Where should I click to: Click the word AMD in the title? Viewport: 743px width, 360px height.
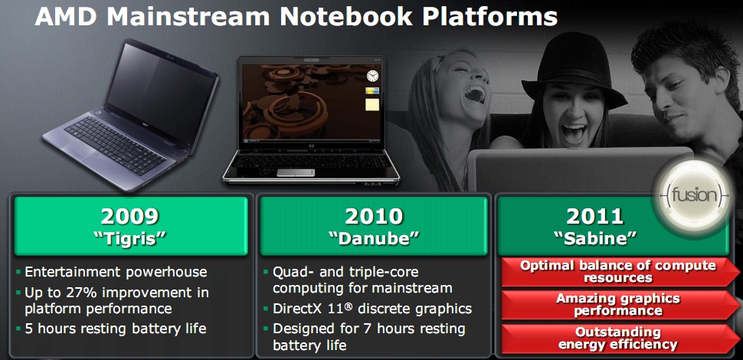point(67,17)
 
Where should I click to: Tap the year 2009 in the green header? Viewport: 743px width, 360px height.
point(129,217)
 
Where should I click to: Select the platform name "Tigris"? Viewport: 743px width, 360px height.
point(129,238)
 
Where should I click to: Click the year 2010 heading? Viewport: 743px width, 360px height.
point(374,217)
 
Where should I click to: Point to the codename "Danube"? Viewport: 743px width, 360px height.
point(374,238)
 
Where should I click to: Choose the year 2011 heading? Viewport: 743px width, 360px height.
point(594,217)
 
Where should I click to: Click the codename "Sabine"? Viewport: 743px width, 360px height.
point(594,238)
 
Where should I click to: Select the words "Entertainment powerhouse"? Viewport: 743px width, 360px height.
point(116,272)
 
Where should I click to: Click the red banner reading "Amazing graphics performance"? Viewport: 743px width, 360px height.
point(617,305)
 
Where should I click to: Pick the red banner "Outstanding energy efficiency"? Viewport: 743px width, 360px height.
point(617,338)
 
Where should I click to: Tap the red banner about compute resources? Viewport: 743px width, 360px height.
point(617,271)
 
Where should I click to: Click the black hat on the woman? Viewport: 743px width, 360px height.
point(574,70)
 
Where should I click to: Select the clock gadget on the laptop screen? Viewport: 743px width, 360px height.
point(372,76)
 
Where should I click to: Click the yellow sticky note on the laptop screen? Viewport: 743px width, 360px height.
point(372,105)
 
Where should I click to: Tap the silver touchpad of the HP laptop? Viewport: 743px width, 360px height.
point(295,172)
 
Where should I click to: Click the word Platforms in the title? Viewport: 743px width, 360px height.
point(489,17)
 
